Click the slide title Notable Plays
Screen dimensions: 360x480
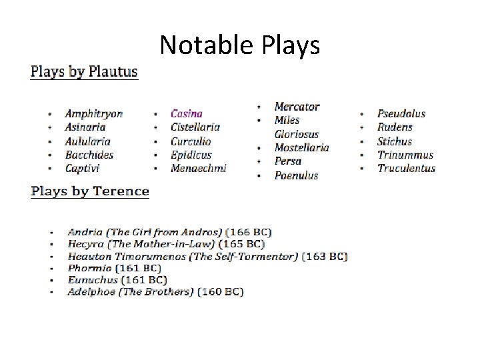(240, 45)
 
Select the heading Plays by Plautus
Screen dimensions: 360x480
(84, 72)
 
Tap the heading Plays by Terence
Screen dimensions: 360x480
(90, 191)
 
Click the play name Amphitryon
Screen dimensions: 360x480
(93, 114)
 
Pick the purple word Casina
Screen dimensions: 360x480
(186, 114)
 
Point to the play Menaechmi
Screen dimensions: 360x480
(198, 169)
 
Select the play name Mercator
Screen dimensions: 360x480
(297, 107)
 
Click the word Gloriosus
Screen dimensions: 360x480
(297, 134)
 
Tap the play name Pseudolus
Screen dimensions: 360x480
(401, 114)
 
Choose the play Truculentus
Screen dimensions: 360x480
(406, 169)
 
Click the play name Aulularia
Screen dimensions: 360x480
(87, 141)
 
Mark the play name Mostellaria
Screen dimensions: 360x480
(301, 148)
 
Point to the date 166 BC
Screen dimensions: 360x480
(249, 233)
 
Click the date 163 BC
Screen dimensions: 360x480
(325, 256)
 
